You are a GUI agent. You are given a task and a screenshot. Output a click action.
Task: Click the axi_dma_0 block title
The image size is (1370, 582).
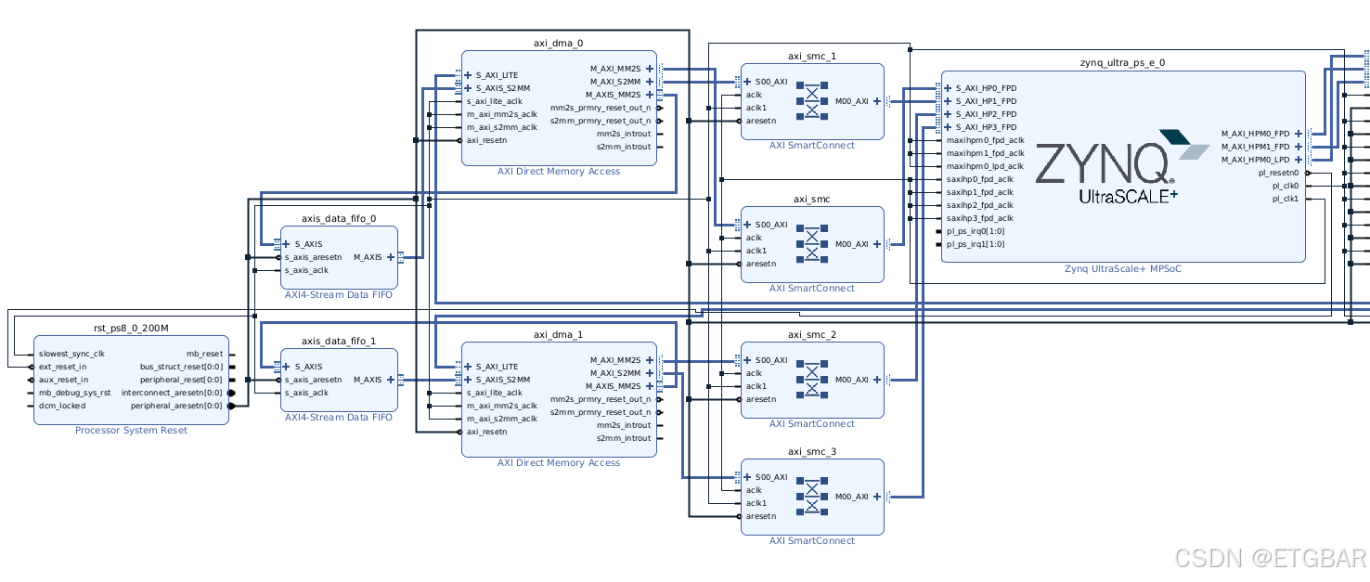[x=559, y=43]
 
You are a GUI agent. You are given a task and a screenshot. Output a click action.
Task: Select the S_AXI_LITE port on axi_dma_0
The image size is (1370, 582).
[x=497, y=75]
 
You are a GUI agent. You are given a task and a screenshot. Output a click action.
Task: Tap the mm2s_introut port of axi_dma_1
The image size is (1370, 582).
[x=624, y=425]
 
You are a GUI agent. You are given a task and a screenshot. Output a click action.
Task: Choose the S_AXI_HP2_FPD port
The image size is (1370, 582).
[x=986, y=114]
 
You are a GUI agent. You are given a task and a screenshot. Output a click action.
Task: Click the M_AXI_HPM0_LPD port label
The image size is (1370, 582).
[x=1255, y=160]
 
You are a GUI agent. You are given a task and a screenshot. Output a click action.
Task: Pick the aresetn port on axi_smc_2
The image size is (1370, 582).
[x=761, y=399]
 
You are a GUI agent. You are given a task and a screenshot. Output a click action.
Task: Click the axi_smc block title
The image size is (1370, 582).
[x=811, y=199]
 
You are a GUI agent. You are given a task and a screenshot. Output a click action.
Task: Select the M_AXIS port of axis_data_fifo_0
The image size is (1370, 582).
[x=368, y=257]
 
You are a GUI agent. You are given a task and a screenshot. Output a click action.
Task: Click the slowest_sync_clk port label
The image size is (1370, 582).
[x=71, y=354]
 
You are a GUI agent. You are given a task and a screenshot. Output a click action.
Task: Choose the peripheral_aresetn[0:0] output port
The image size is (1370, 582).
[x=176, y=406]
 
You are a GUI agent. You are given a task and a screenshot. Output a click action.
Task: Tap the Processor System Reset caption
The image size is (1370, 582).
[x=131, y=431]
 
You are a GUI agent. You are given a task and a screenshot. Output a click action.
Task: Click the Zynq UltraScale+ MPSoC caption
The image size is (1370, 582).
[x=1123, y=268]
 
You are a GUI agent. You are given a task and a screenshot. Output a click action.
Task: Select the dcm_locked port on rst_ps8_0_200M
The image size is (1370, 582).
[x=62, y=406]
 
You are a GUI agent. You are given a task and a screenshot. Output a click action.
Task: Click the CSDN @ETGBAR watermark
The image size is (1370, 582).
[x=1270, y=558]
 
